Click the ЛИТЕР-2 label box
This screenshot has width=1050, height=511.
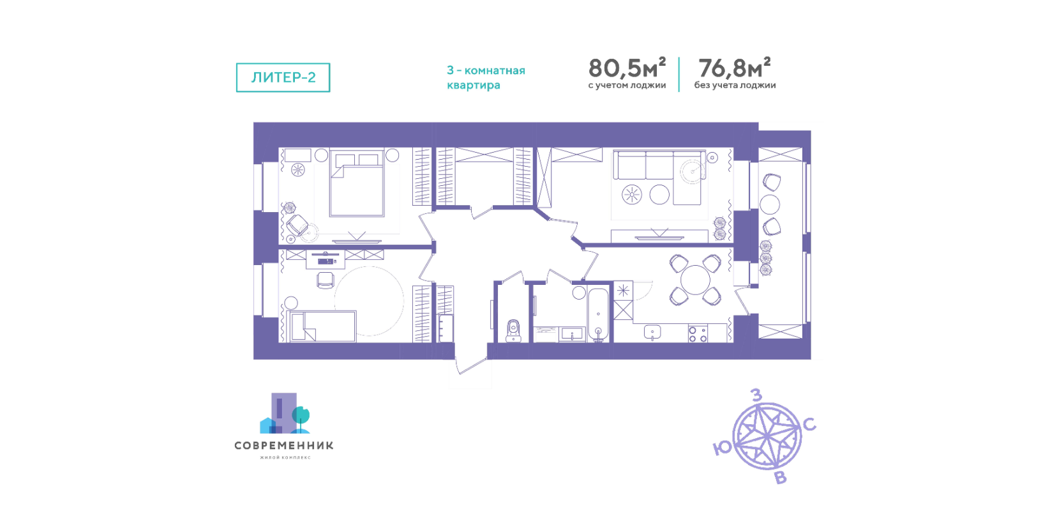pyautogui.click(x=283, y=77)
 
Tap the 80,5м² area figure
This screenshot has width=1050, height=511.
pyautogui.click(x=627, y=68)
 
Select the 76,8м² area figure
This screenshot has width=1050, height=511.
pyautogui.click(x=734, y=68)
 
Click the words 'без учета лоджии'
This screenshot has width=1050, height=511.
pyautogui.click(x=735, y=86)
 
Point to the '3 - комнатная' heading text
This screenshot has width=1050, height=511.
pyautogui.click(x=486, y=70)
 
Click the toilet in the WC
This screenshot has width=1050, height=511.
pyautogui.click(x=514, y=331)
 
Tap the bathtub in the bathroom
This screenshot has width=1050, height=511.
pyautogui.click(x=598, y=314)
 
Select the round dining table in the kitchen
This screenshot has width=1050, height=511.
pyautogui.click(x=695, y=280)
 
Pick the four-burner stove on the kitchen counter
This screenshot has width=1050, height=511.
pyautogui.click(x=698, y=333)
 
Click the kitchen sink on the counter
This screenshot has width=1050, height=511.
pyautogui.click(x=652, y=332)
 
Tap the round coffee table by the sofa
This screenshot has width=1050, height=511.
pyautogui.click(x=659, y=194)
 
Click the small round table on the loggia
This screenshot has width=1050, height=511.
pyautogui.click(x=770, y=204)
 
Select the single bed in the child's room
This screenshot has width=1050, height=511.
pyautogui.click(x=321, y=326)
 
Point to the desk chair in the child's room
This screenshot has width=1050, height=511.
pyautogui.click(x=326, y=280)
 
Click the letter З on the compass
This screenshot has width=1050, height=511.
pyautogui.click(x=756, y=395)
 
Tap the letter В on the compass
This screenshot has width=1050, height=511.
pyautogui.click(x=780, y=478)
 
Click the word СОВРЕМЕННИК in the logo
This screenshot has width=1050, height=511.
pyautogui.click(x=284, y=445)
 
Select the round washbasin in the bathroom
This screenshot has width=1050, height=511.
pyautogui.click(x=579, y=293)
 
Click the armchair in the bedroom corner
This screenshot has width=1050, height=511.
pyautogui.click(x=297, y=225)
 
